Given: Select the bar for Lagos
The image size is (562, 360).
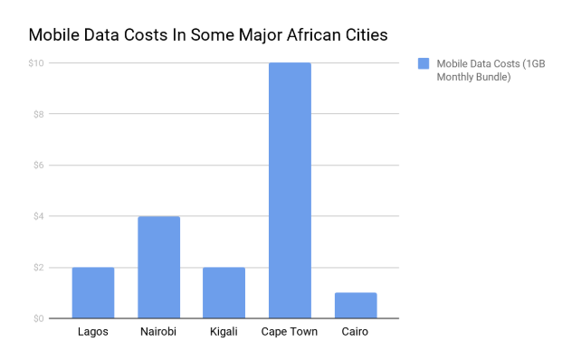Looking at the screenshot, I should coord(93,293).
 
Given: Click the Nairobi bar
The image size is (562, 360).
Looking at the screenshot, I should coord(158,268).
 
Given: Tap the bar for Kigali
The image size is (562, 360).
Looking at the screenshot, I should coord(224,293).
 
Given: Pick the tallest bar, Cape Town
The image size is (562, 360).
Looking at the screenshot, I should coord(290,191).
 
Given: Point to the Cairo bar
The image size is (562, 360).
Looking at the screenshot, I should coord(355,306).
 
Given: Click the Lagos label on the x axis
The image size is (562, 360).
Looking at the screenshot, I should coord(93,332).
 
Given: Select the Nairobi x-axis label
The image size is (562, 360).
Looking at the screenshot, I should coord(158,332).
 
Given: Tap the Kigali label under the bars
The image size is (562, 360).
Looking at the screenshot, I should coord(224,332).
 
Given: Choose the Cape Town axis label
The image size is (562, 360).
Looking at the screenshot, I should coord(290,332).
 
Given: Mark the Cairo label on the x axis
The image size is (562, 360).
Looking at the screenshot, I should coord(355,332).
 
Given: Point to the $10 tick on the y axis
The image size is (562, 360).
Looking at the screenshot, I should coord(35,63).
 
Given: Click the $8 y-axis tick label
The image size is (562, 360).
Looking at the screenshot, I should coord(37,115).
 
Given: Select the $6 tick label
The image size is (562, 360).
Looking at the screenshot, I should coord(37,166).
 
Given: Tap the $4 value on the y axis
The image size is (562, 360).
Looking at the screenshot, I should coord(37,217).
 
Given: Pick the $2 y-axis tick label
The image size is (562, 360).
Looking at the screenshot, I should coord(37,268).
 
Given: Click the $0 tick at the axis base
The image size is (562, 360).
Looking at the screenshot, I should coord(37,318).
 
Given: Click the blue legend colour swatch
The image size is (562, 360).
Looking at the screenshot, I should coord(423,63).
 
